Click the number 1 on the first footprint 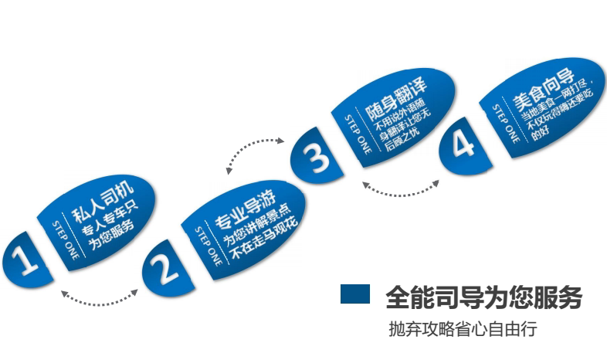click(x=25, y=260)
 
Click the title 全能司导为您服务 click(x=483, y=297)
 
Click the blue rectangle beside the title click(x=356, y=294)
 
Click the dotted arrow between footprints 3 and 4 click(x=401, y=189)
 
